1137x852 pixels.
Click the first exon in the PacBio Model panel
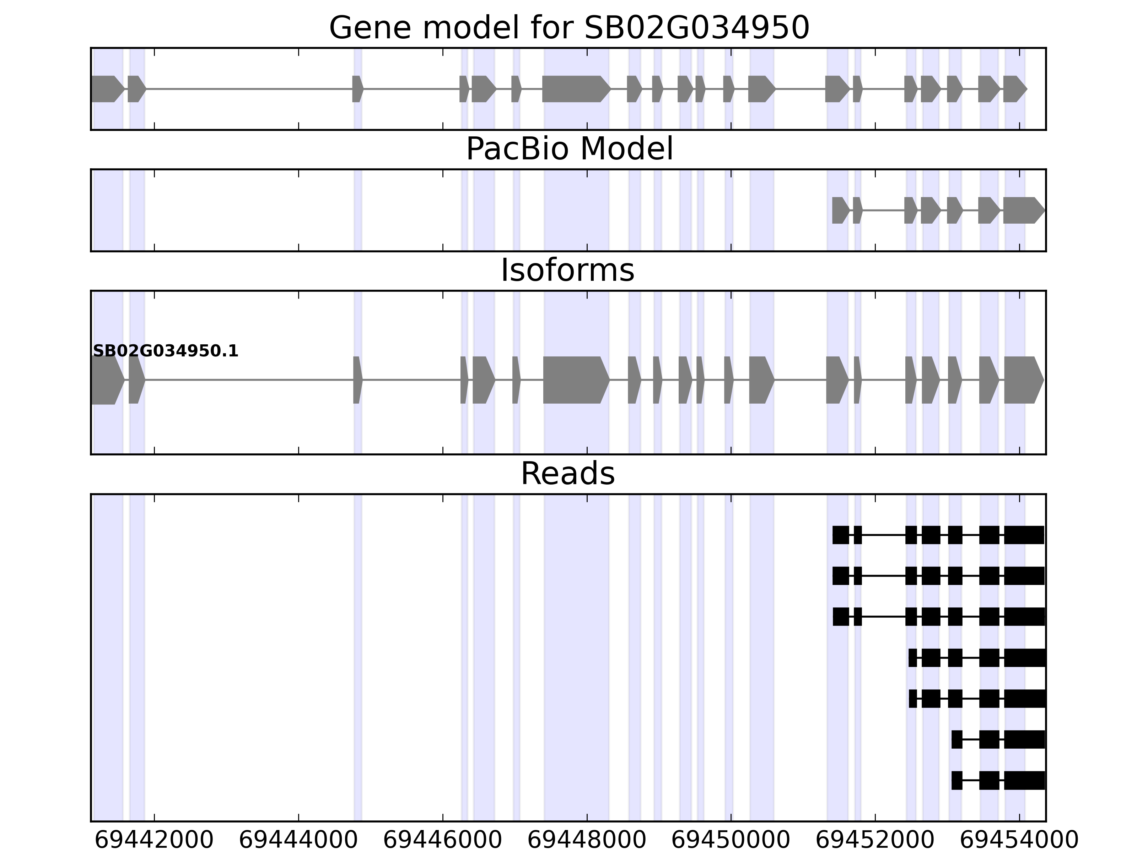840,210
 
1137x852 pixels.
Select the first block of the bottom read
957,780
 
